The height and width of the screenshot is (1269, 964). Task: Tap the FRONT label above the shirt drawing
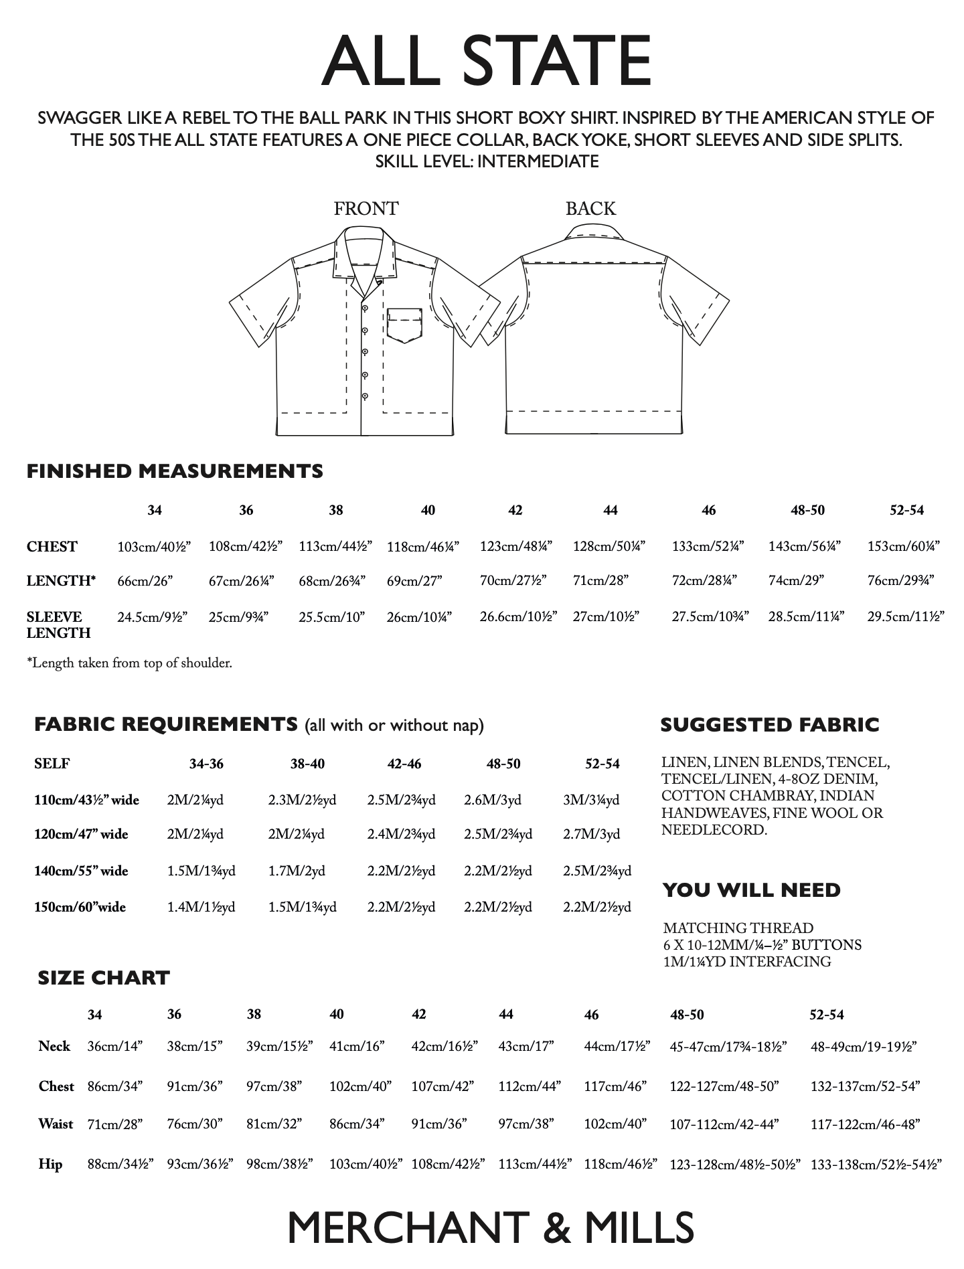tap(366, 209)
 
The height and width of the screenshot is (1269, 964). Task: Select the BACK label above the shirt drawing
tap(590, 209)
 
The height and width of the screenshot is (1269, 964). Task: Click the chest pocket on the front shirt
tap(404, 325)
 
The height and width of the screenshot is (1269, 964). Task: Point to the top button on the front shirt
tap(365, 307)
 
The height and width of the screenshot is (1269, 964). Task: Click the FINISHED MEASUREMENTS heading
tap(175, 471)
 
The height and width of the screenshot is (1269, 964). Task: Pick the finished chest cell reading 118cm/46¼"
tap(423, 547)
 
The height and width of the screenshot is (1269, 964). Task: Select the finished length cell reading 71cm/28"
tap(600, 581)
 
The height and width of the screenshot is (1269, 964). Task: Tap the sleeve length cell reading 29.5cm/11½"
tap(905, 616)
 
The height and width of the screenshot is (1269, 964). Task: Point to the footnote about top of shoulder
tap(129, 663)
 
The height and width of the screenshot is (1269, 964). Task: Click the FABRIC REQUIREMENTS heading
tap(166, 724)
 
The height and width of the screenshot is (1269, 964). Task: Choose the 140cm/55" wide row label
tap(81, 871)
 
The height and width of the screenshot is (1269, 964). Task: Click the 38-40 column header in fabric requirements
tap(307, 764)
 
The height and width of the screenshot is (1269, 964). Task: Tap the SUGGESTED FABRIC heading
tap(770, 725)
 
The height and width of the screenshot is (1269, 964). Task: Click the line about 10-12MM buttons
tap(762, 945)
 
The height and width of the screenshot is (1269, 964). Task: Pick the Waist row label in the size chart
tap(56, 1124)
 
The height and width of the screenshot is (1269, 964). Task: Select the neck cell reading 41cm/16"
tap(357, 1046)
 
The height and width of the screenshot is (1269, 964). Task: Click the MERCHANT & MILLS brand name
tap(491, 1228)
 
